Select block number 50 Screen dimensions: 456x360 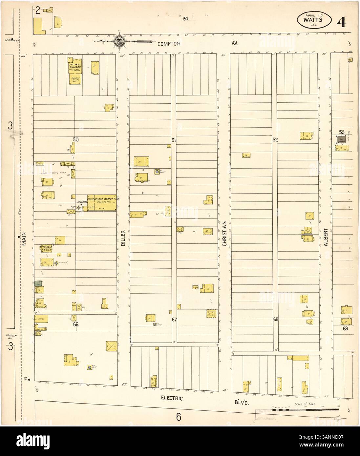coord(76,139)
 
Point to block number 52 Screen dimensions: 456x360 coord(275,140)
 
